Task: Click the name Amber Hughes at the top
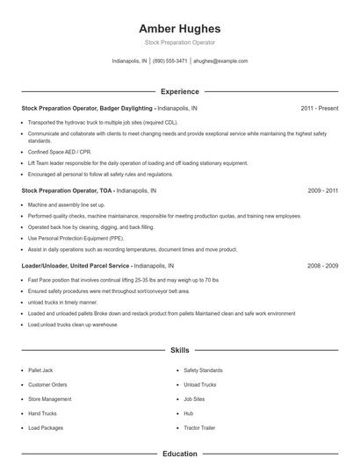point(179,28)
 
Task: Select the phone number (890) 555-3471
point(170,61)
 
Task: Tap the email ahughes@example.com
point(220,61)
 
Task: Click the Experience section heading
point(179,91)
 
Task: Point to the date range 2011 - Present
point(319,108)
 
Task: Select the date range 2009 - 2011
point(322,190)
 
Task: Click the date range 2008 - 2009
point(322,265)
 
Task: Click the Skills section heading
point(179,349)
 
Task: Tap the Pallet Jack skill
point(40,370)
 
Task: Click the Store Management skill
point(49,398)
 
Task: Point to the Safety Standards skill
point(203,370)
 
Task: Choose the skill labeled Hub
point(188,412)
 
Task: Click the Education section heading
point(179,454)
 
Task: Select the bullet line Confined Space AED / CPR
point(60,152)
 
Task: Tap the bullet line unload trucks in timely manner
point(65,302)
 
